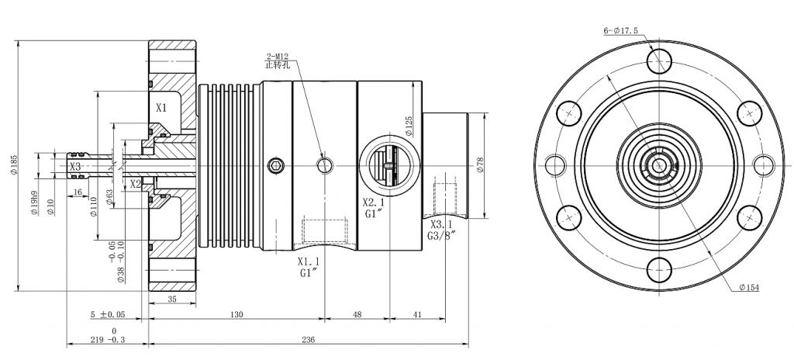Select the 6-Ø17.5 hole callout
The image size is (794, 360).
tap(620, 31)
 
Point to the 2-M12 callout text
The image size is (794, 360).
tap(278, 57)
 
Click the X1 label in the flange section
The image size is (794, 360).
tap(161, 107)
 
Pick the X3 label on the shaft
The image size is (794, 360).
tap(75, 166)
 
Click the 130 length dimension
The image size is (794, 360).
tap(236, 314)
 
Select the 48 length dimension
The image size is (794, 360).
tap(357, 314)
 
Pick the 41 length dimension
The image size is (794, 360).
tap(417, 314)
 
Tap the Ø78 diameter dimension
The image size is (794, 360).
tap(481, 165)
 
